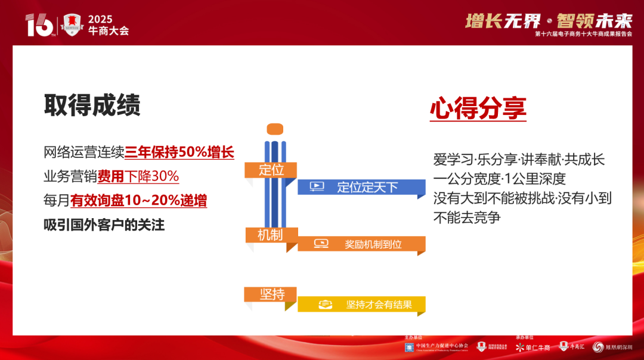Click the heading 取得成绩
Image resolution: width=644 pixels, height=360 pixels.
click(92, 105)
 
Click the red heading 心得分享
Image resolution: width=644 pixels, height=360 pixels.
click(478, 108)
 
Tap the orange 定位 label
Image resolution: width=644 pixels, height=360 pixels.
click(271, 170)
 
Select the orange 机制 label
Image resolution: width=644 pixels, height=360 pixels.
click(271, 235)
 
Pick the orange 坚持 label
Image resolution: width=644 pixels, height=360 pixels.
click(271, 294)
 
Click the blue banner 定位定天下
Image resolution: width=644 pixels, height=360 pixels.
click(361, 187)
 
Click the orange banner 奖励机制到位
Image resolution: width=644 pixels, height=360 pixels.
click(361, 244)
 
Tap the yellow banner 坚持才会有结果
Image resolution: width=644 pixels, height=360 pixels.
click(361, 305)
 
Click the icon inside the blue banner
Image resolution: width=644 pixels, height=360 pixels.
click(317, 187)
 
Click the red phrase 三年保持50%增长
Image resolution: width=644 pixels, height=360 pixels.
click(179, 152)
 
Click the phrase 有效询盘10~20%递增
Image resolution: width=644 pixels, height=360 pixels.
click(138, 201)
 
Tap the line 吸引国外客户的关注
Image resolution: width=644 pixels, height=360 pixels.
click(104, 225)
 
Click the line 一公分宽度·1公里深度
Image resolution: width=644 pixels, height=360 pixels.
click(499, 179)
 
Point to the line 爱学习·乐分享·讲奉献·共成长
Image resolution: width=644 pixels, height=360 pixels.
click(519, 160)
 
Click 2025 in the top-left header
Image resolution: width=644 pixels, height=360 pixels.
click(100, 20)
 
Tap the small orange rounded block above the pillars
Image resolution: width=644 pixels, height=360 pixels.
click(275, 128)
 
